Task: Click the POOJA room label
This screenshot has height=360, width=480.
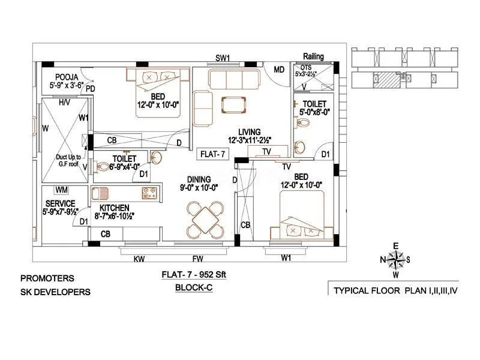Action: [67, 77]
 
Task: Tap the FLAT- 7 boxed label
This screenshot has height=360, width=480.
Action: [213, 154]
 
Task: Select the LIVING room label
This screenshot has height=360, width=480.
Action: [248, 132]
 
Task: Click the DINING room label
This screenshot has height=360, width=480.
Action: [198, 179]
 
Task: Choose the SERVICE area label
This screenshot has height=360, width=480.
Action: [60, 203]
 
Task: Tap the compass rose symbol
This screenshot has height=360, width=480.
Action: [395, 260]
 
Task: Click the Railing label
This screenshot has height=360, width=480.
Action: [313, 56]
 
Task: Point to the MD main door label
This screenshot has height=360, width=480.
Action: [279, 70]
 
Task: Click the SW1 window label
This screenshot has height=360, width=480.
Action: [223, 58]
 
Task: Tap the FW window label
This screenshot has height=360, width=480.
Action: [196, 259]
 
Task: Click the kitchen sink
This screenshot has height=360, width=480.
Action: [100, 194]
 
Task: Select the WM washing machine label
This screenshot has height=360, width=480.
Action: [61, 190]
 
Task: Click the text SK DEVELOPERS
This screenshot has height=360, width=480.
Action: [55, 292]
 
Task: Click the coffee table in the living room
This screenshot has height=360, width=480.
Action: [233, 104]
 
